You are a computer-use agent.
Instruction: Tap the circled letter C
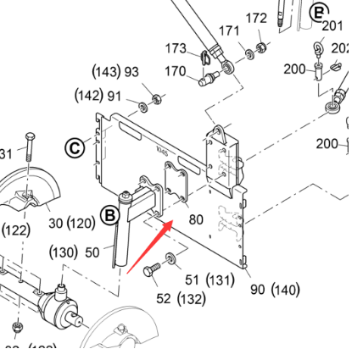click(75, 148)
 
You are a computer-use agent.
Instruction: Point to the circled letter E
click(319, 12)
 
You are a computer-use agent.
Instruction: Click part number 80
click(196, 219)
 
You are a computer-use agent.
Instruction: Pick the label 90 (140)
click(275, 290)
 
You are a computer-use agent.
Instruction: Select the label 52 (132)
click(181, 298)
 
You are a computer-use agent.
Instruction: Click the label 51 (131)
click(209, 280)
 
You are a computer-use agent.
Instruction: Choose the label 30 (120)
click(71, 224)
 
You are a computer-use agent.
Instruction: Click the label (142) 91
click(98, 95)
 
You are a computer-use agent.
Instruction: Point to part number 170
click(176, 71)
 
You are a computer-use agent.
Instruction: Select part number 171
click(229, 30)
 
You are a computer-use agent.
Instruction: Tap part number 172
click(256, 18)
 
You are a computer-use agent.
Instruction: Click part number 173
click(176, 48)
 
